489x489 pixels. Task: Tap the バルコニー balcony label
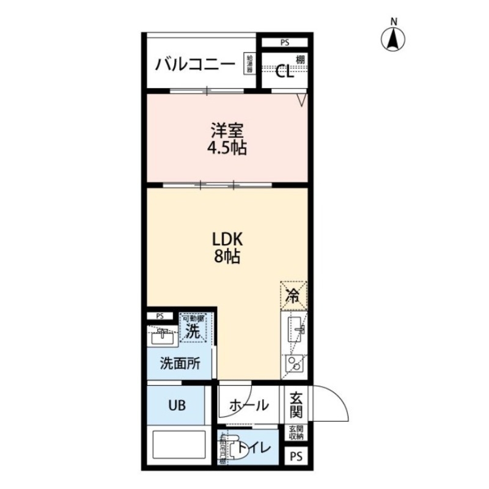(194, 64)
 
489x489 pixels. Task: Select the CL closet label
(284, 72)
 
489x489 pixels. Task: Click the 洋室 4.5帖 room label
(228, 139)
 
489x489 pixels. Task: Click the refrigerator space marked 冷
(293, 297)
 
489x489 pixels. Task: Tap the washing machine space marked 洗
(193, 332)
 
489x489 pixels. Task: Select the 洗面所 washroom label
(180, 363)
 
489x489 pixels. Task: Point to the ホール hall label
(249, 405)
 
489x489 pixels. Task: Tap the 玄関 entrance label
(296, 403)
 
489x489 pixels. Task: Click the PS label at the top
(285, 43)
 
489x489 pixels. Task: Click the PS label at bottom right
(296, 455)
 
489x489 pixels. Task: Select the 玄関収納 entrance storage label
(296, 432)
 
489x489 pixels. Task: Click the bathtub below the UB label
(178, 447)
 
